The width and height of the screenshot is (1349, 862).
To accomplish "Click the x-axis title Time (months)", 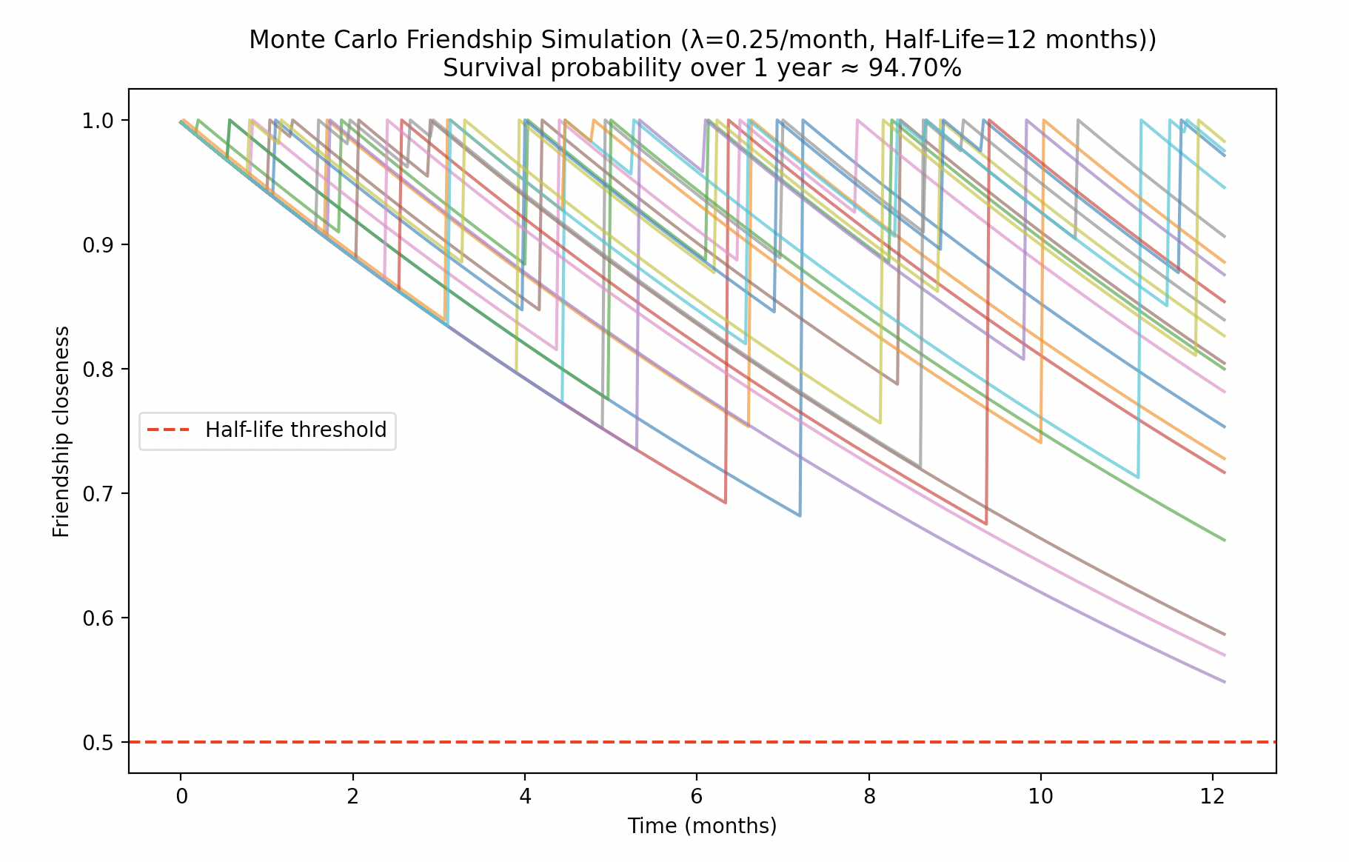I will [702, 826].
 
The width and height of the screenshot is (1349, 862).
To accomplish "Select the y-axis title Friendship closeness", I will [61, 432].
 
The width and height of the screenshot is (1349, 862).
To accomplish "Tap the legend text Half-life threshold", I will [296, 430].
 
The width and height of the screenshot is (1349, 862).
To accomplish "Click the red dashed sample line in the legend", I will [169, 430].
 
